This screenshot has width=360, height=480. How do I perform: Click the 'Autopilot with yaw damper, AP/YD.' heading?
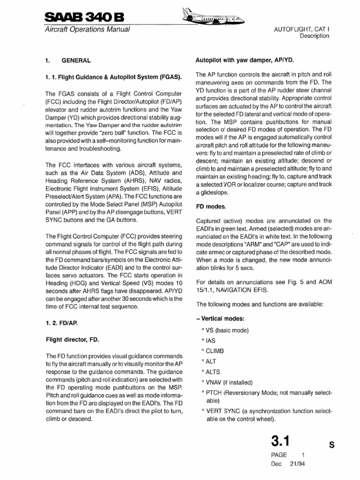pos(244,60)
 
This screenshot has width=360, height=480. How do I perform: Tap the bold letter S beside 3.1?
pos(331,446)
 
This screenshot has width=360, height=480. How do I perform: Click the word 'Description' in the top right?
pos(314,36)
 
